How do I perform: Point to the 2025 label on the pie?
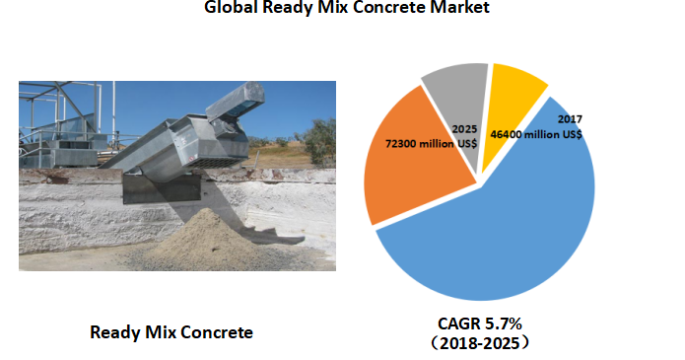click(x=465, y=129)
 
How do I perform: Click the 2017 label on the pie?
click(x=572, y=118)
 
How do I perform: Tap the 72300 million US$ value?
click(x=431, y=144)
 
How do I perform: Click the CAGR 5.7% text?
click(x=480, y=323)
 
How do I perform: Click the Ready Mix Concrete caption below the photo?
click(x=171, y=332)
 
